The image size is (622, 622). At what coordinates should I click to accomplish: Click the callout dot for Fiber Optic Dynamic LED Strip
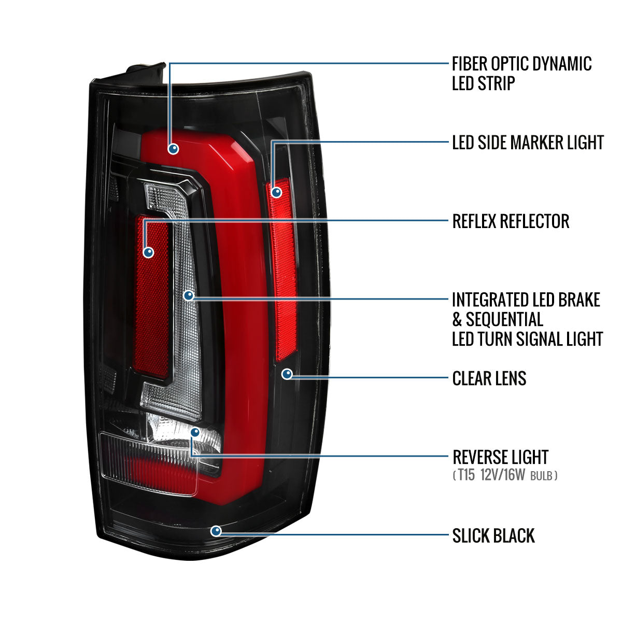pyautogui.click(x=173, y=149)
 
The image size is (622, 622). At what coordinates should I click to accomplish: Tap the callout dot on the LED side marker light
pyautogui.click(x=277, y=193)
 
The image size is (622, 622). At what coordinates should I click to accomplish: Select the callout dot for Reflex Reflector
pyautogui.click(x=149, y=252)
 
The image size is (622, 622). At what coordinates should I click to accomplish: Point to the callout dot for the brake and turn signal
pyautogui.click(x=189, y=295)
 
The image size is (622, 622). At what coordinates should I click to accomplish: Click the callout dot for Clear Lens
pyautogui.click(x=287, y=374)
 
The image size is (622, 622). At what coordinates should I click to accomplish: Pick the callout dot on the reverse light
pyautogui.click(x=195, y=432)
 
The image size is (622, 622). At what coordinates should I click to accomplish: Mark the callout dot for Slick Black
pyautogui.click(x=216, y=531)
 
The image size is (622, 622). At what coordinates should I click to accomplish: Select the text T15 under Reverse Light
pyautogui.click(x=466, y=475)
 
